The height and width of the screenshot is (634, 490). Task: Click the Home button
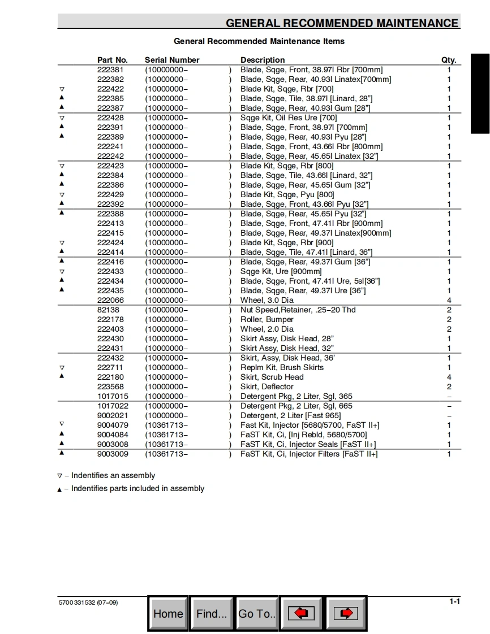(168, 614)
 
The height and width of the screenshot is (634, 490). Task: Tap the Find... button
(212, 614)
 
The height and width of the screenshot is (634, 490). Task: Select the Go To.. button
(257, 614)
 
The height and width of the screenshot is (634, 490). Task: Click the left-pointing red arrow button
(301, 614)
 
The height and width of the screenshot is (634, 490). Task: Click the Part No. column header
(113, 60)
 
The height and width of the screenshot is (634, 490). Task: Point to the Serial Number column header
(172, 60)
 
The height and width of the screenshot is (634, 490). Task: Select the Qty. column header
(449, 60)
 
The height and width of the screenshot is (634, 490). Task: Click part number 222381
(110, 70)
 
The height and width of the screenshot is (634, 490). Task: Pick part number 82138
(108, 310)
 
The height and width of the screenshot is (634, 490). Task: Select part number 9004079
(113, 425)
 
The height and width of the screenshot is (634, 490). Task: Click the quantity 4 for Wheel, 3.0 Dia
(449, 300)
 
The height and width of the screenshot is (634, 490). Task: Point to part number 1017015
(113, 396)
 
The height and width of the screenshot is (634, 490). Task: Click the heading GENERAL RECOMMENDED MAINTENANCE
(342, 23)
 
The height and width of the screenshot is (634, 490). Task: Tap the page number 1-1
(454, 602)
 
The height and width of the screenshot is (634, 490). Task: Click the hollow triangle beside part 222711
(62, 368)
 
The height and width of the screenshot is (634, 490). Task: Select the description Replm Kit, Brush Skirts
(282, 367)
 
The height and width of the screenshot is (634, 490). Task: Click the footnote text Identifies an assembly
(113, 476)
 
